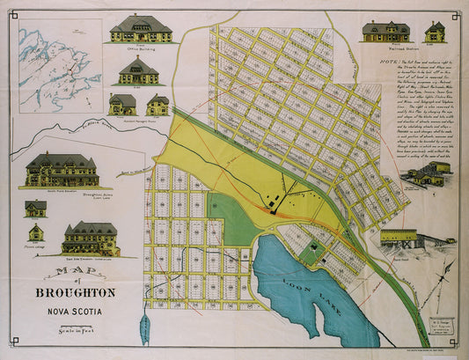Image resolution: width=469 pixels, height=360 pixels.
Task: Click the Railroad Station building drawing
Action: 385,32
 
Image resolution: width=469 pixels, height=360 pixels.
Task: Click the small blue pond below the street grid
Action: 146,328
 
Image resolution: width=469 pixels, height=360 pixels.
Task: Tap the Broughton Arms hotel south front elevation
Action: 61,170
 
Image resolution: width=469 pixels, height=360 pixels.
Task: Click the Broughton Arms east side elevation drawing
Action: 91,238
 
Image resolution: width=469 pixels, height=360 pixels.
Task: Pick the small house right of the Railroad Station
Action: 435,32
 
